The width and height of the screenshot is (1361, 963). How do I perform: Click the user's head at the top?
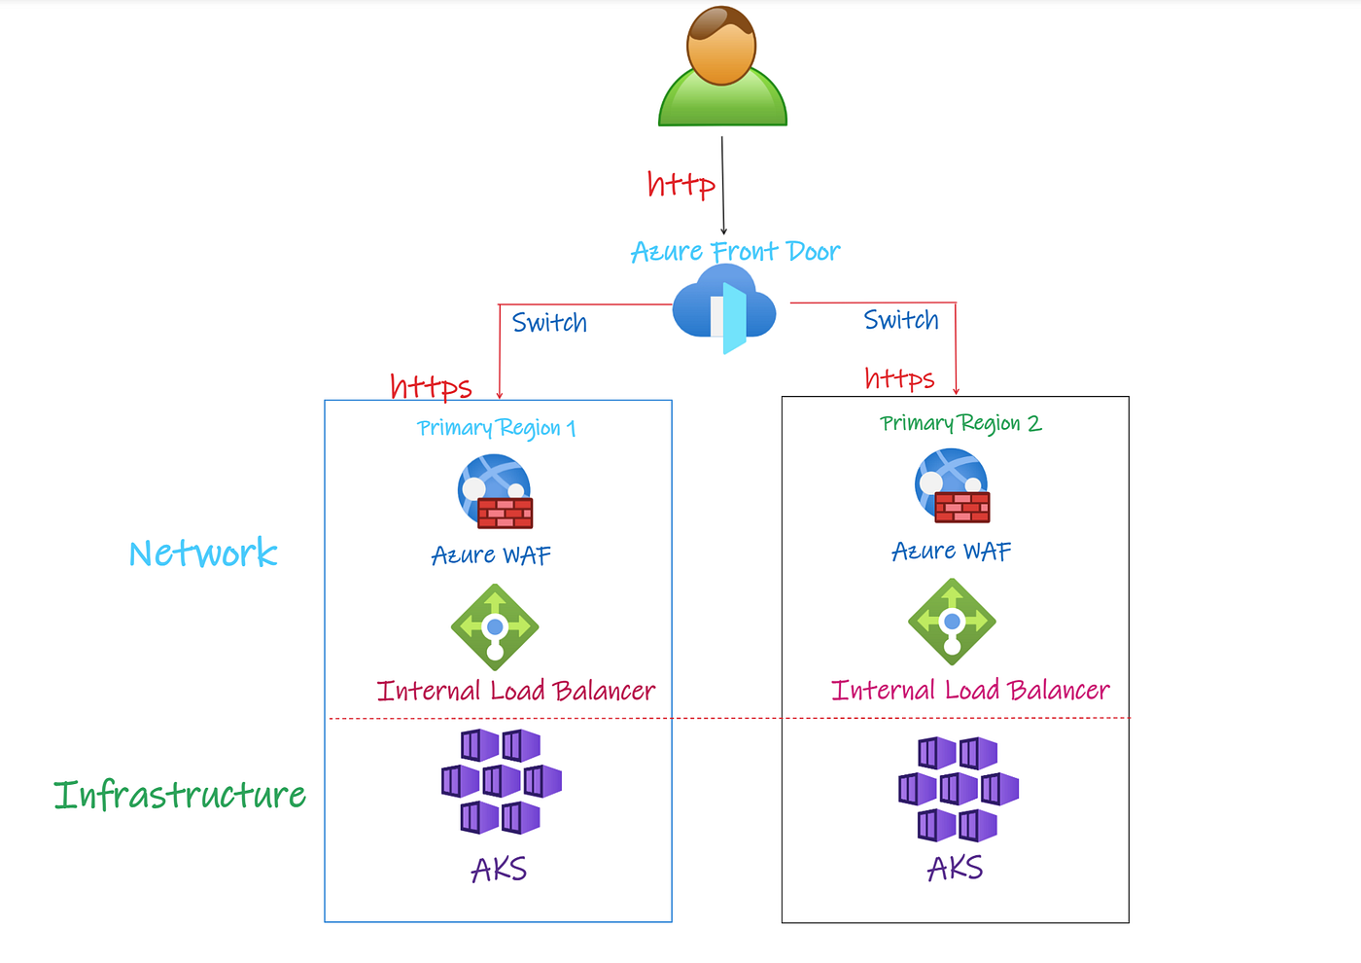point(721,45)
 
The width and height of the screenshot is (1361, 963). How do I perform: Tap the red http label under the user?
point(680,184)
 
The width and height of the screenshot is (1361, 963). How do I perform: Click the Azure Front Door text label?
point(735,252)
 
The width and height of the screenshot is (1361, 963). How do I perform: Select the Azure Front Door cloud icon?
point(725,309)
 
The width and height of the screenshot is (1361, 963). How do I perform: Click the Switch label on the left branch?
point(549,323)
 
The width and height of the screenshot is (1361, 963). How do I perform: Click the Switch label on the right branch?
point(901,320)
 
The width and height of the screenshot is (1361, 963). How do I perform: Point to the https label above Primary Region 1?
point(431,386)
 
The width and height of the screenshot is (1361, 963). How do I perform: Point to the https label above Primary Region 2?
point(899,378)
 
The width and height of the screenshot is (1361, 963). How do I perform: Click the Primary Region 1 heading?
point(496,428)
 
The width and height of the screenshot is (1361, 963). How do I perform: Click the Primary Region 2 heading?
point(960,423)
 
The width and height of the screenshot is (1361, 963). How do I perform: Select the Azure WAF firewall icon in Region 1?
point(495,491)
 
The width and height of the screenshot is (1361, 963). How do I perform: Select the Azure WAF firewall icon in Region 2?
point(952,485)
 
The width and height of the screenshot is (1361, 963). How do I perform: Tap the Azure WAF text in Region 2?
point(951,552)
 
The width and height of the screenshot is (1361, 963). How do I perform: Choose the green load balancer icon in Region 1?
point(495,627)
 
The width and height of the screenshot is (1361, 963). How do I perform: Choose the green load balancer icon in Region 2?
point(952,622)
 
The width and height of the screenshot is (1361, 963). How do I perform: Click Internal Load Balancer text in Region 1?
point(515,691)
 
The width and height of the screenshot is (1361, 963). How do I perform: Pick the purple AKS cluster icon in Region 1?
point(501,781)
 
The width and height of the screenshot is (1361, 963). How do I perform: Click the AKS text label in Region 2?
point(955,868)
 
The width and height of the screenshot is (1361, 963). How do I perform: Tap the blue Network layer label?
point(203,553)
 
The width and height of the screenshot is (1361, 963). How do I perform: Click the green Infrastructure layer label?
point(180,795)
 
